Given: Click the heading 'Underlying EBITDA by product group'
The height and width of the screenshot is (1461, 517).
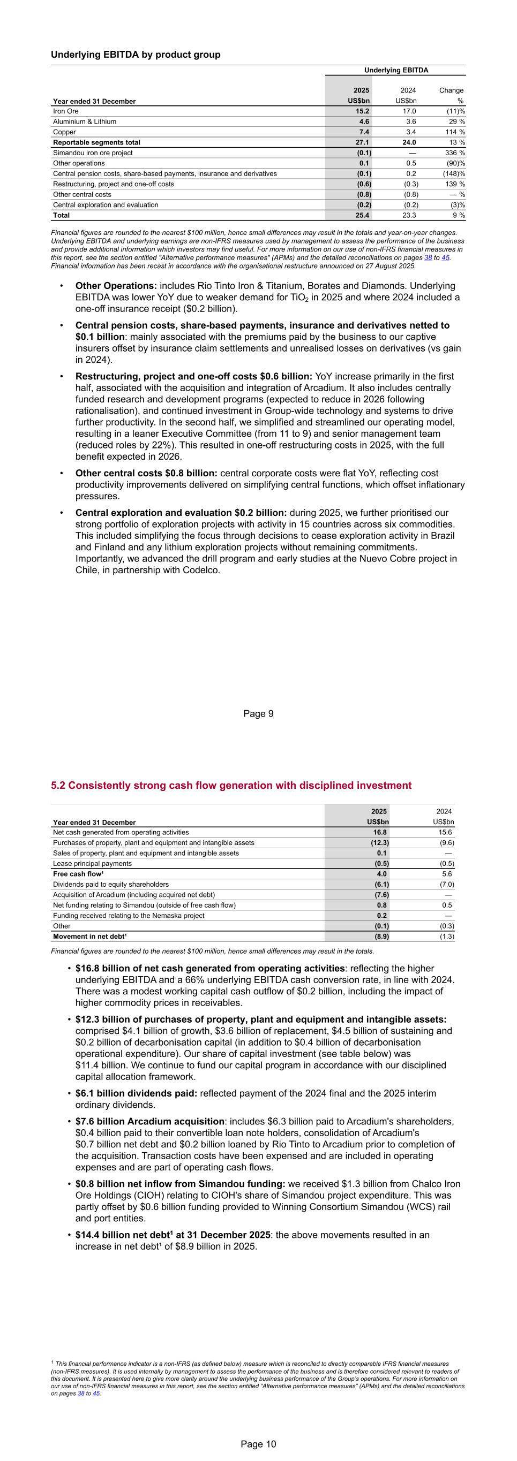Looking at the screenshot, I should (x=136, y=55).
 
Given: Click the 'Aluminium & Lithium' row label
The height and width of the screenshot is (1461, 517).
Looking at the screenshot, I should (x=85, y=121).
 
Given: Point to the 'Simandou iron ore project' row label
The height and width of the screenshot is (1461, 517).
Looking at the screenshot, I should (x=93, y=153).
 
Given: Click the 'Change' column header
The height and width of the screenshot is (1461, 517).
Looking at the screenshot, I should (x=451, y=90).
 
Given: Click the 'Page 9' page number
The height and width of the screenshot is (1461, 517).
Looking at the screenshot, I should (x=258, y=713).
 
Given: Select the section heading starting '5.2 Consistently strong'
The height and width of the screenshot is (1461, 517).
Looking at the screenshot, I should (x=231, y=786).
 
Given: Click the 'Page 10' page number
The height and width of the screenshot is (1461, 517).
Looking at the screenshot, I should (x=258, y=1444).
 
